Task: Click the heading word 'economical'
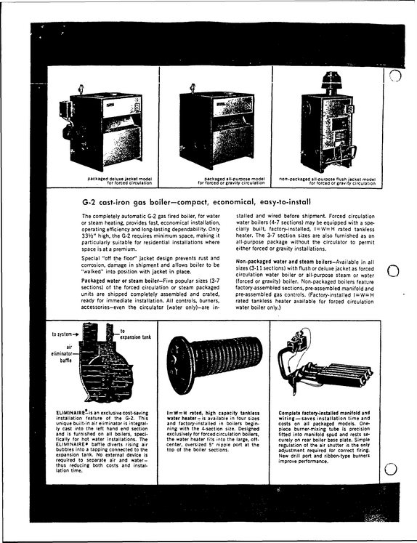(233, 202)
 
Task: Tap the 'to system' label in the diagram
(62, 334)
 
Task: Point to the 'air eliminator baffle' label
(62, 353)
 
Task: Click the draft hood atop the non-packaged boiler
(331, 82)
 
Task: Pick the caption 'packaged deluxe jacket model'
(119, 179)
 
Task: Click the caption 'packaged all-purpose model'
(234, 179)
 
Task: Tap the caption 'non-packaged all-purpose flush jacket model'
(327, 179)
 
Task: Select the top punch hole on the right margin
(395, 75)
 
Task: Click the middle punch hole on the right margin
(393, 271)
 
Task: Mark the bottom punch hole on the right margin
(391, 470)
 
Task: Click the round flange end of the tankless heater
(182, 363)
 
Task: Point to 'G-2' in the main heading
(89, 202)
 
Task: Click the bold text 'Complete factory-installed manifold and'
(324, 413)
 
